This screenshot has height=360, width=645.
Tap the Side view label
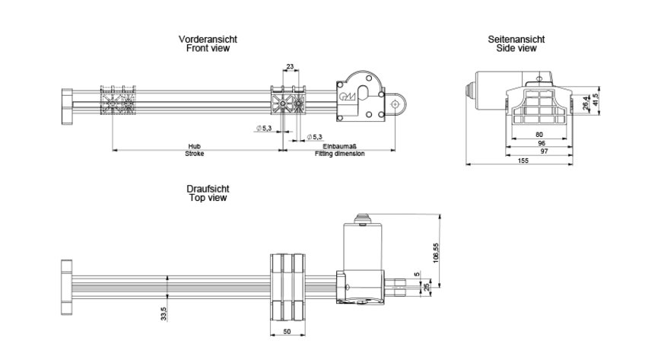click(516, 48)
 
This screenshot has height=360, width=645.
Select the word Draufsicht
click(208, 188)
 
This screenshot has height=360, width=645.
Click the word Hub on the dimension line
click(195, 146)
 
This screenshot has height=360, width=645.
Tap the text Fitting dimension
click(340, 154)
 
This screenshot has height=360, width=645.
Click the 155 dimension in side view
click(522, 161)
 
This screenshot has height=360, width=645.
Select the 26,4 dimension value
click(585, 103)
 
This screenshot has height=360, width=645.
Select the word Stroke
click(195, 154)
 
